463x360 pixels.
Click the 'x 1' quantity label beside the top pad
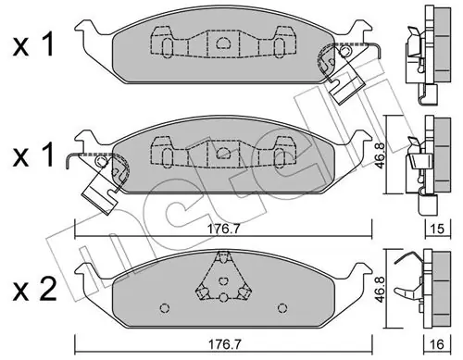[33, 45]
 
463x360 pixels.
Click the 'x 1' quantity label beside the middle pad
[33, 155]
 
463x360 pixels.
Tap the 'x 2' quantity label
[34, 289]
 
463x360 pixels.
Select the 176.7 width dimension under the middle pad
[223, 230]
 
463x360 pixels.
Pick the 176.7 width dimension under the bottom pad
[223, 344]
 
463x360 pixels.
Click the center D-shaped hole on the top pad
[222, 43]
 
